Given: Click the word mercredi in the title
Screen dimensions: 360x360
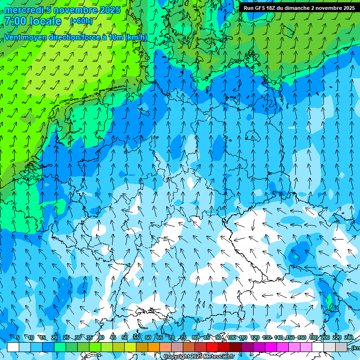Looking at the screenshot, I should (23, 10).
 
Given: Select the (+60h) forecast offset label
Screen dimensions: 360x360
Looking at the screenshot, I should (81, 21).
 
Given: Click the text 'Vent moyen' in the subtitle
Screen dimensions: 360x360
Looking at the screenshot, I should (24, 37).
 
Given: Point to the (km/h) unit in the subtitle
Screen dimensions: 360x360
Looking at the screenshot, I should (136, 37).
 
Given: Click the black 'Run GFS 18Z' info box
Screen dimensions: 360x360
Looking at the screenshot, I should (299, 8).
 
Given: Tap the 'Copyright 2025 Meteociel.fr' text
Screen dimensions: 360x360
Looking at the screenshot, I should (199, 357).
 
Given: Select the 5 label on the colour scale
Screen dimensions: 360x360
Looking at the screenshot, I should (18, 337).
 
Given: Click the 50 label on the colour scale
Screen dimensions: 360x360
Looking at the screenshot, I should (124, 337).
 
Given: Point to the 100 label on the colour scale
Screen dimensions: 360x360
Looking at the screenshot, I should (231, 337).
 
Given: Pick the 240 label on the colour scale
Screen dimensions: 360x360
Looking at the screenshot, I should (349, 337).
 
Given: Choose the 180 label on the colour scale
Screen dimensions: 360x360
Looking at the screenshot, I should (313, 337).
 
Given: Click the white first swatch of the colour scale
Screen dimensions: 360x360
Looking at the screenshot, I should (13, 347).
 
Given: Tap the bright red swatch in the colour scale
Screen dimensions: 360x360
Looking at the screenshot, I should (212, 347).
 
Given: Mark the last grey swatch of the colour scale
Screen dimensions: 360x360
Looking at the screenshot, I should (341, 347).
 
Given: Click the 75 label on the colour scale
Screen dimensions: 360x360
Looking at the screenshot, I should (183, 337).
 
